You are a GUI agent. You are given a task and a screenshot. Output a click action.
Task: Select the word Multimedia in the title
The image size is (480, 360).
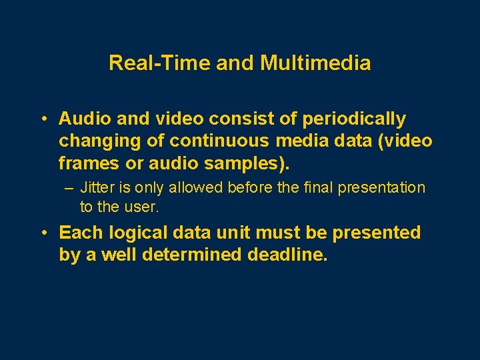click(x=315, y=63)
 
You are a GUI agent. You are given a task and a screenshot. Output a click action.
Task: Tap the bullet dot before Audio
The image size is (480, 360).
click(x=42, y=119)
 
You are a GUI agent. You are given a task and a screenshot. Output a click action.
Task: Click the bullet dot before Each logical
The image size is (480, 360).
click(x=42, y=233)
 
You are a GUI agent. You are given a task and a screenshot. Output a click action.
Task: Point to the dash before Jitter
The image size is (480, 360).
click(x=69, y=188)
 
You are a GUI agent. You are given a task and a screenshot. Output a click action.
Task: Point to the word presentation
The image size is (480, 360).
click(x=381, y=188)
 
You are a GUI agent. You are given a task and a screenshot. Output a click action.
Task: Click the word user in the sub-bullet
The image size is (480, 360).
click(x=143, y=207)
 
